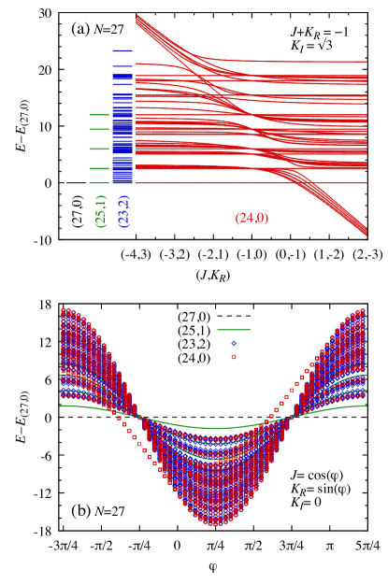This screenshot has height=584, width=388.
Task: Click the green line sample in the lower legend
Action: point(234,330)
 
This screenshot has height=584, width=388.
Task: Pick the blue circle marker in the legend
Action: point(234,343)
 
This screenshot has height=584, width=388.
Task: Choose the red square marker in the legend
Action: point(234,357)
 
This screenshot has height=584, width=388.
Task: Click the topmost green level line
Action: point(98,115)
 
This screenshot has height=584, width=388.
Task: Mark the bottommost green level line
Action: point(98,182)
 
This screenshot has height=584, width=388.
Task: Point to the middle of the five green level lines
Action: point(98,149)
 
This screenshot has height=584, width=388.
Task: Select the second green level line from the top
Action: point(98,130)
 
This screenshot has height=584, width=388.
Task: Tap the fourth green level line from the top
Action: point(98,168)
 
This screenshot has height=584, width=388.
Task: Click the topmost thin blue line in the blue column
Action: point(122,50)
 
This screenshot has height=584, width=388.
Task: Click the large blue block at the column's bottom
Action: point(122,170)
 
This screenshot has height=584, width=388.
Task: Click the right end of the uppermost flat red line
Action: point(365,63)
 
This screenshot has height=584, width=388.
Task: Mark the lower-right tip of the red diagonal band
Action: point(365,234)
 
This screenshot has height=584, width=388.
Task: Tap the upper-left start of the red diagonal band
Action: point(138,17)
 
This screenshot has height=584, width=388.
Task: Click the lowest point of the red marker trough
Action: point(215,524)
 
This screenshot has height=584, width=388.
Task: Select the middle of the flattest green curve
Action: point(215,428)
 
